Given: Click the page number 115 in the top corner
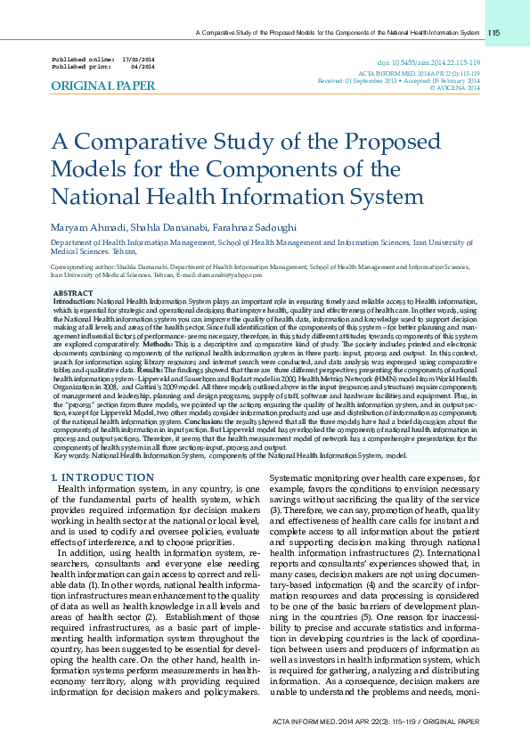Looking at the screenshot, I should [x=493, y=33].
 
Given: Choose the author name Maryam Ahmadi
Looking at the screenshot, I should [x=87, y=228].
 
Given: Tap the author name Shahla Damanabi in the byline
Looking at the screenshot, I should [x=170, y=228].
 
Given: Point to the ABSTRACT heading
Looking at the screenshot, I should [x=72, y=293].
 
